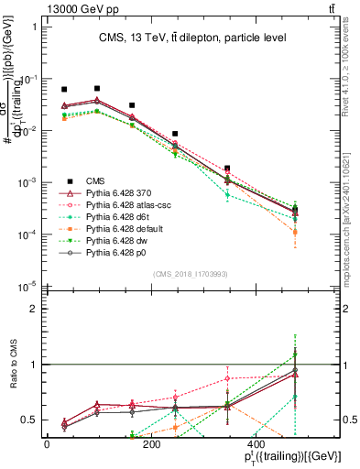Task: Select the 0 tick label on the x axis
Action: click(x=47, y=444)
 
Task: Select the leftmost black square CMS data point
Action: click(x=64, y=90)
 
